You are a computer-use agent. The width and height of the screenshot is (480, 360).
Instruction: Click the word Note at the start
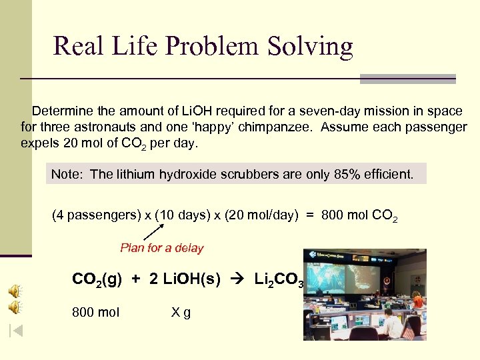(66, 175)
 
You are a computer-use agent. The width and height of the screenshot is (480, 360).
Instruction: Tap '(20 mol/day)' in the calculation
(259, 216)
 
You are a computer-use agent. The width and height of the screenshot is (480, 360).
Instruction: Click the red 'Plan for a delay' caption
(162, 248)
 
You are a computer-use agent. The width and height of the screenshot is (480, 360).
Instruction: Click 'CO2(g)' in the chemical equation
(97, 280)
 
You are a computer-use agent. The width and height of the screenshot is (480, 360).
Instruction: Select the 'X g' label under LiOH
(181, 312)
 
